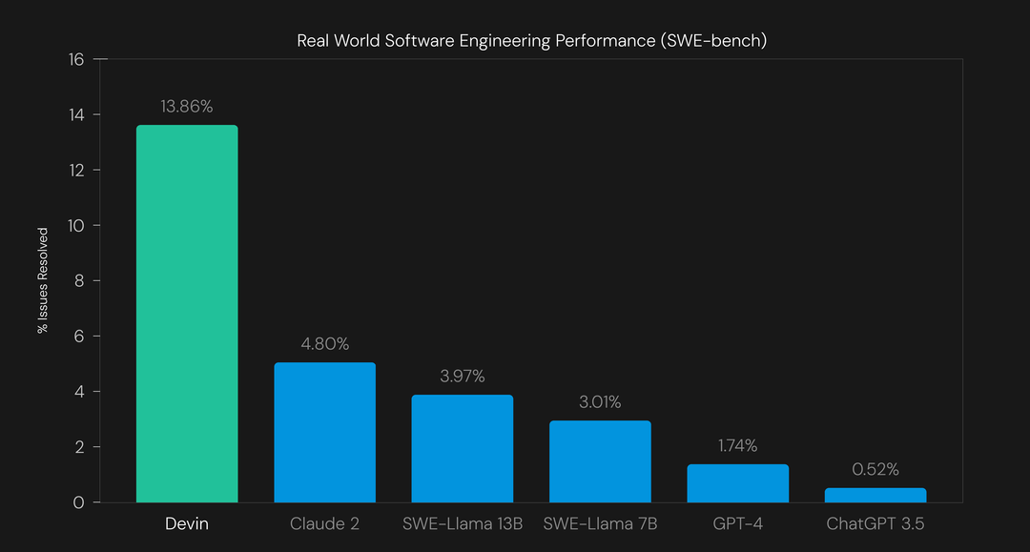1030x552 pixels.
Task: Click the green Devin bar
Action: click(x=187, y=314)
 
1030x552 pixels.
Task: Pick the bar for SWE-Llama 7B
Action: click(x=600, y=461)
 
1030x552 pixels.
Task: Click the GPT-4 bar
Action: click(x=737, y=483)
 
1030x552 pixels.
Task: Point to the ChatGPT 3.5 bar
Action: click(x=875, y=495)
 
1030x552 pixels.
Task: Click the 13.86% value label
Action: click(x=187, y=107)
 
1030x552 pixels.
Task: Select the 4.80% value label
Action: click(x=324, y=344)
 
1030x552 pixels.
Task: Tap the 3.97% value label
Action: click(x=462, y=377)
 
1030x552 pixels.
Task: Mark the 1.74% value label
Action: click(x=737, y=446)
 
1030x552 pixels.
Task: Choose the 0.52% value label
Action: click(x=875, y=470)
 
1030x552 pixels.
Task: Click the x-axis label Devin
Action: click(x=187, y=524)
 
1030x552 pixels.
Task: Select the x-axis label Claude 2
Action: click(x=324, y=524)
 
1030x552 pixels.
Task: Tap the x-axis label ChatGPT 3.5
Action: click(x=875, y=524)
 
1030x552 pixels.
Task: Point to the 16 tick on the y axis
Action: click(x=75, y=59)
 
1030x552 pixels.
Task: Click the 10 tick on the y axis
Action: click(x=75, y=226)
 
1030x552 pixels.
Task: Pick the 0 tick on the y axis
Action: click(x=79, y=502)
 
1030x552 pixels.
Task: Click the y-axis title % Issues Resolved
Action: click(x=43, y=280)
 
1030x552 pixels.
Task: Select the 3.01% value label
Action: click(x=600, y=402)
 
